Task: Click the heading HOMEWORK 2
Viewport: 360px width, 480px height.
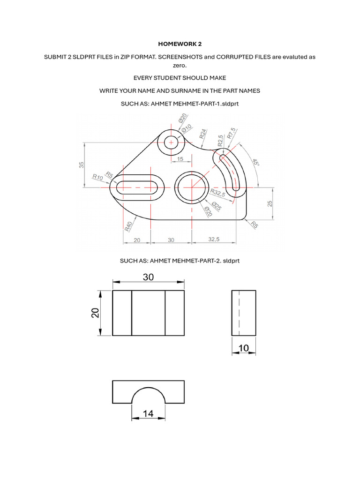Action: click(180, 44)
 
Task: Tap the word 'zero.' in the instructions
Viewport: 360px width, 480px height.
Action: click(180, 66)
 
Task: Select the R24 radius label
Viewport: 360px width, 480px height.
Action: click(203, 134)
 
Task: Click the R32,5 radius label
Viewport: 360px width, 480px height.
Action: click(218, 193)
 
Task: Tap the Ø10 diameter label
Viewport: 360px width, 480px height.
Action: click(187, 127)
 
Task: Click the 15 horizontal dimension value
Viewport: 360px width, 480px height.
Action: click(180, 159)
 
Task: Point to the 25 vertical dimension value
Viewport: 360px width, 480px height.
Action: click(270, 203)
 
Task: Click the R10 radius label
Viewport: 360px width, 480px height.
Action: click(97, 177)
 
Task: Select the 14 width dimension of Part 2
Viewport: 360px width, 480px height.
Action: click(148, 413)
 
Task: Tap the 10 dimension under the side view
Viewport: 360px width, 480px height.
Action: click(244, 347)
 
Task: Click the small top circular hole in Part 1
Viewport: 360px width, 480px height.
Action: click(171, 142)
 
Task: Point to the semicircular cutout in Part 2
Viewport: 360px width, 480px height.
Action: click(148, 397)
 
